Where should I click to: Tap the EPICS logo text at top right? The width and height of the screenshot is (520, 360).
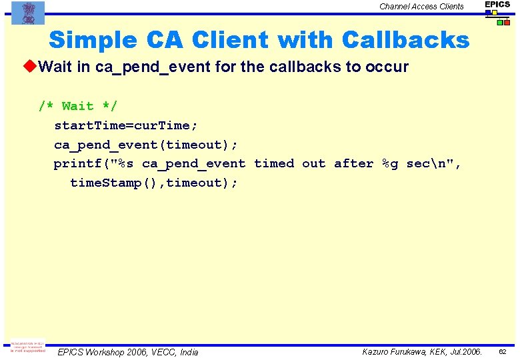tap(497, 5)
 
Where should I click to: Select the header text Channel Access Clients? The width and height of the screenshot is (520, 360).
tap(421, 7)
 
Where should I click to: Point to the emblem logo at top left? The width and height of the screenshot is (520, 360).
tap(28, 12)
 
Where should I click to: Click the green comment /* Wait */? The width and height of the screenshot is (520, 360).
tap(77, 106)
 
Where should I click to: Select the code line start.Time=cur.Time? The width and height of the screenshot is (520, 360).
tap(126, 125)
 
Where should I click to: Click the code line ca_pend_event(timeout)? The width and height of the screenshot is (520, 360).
tap(145, 144)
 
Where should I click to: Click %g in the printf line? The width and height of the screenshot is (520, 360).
tap(389, 163)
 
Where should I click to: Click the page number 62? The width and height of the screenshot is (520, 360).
tap(503, 351)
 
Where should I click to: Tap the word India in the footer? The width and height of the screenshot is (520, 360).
tap(186, 352)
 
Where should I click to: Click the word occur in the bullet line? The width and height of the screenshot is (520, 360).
tap(387, 67)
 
